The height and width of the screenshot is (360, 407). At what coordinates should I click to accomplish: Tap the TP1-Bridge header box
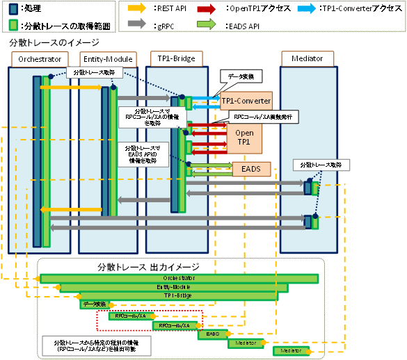(172, 59)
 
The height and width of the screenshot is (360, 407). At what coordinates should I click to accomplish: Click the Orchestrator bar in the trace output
(179, 278)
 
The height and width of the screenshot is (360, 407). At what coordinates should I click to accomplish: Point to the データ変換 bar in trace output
(94, 304)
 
